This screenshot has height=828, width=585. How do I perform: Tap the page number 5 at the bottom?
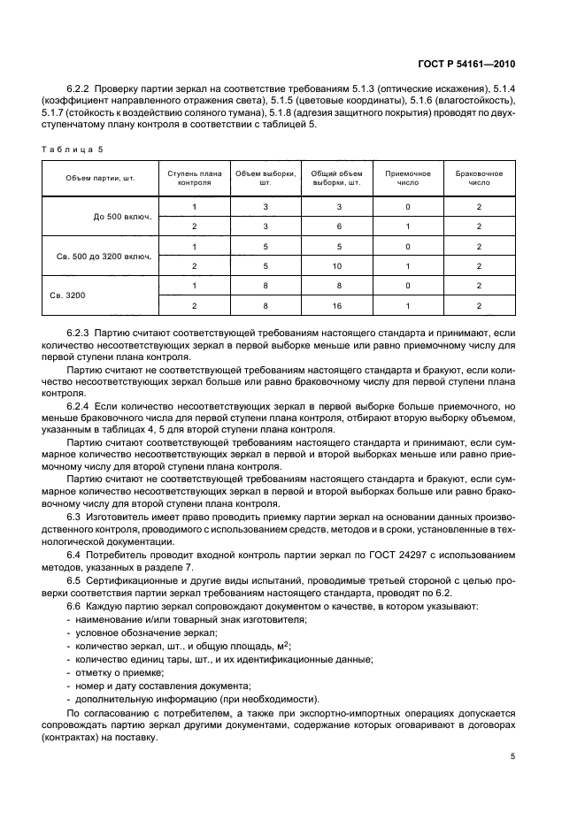coord(513,756)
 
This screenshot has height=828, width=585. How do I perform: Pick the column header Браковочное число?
coord(479,179)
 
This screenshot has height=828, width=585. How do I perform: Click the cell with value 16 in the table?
coord(336,304)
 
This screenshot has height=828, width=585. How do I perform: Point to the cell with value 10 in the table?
coord(336,265)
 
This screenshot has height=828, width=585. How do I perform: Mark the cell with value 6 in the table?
coord(336,226)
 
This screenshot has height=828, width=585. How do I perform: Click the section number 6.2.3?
coord(81,331)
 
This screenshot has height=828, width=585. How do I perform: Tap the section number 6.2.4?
coord(81,401)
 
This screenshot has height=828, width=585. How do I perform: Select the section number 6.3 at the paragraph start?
coord(74,514)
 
